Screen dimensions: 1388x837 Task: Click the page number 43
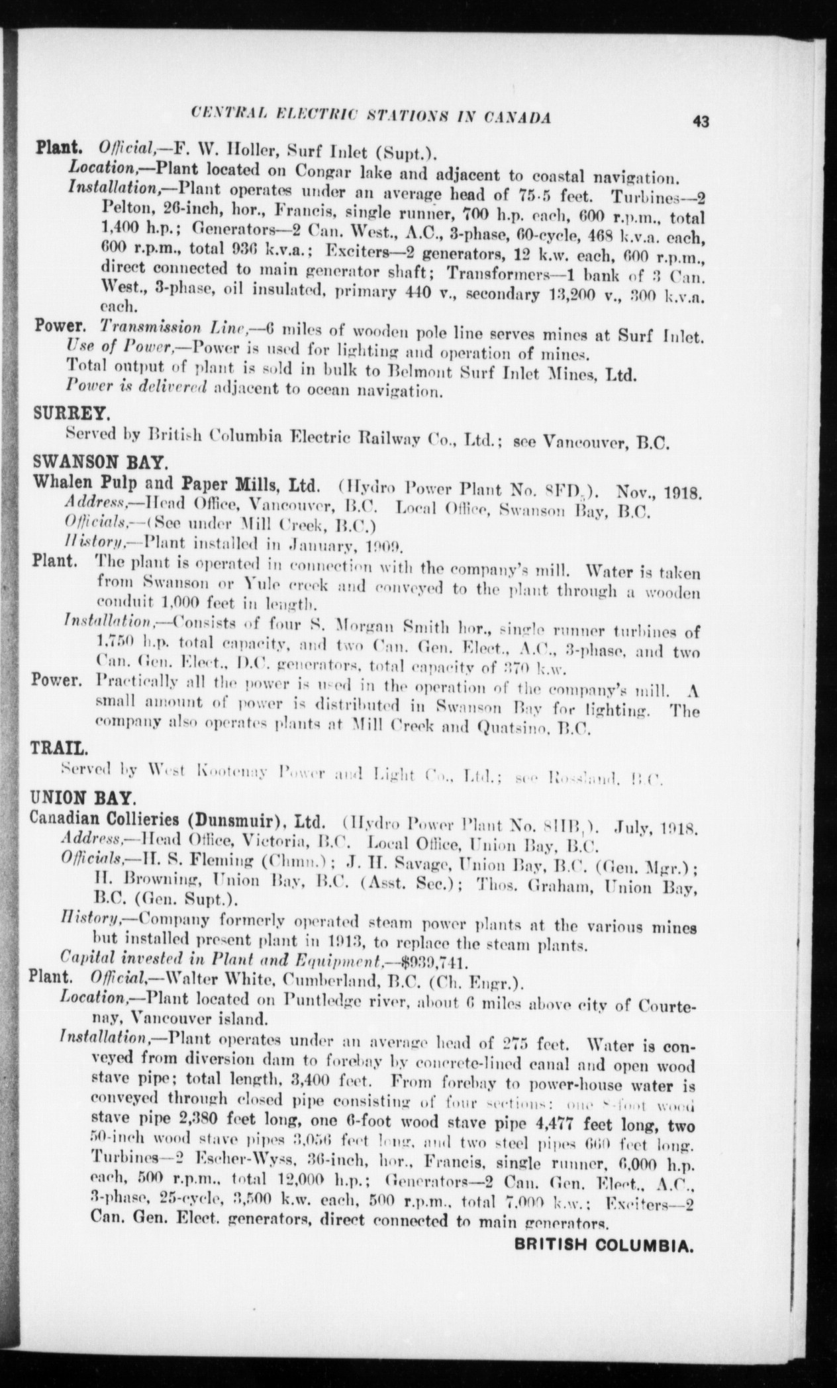tap(701, 121)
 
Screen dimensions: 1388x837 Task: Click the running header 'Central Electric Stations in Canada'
tap(370, 118)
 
